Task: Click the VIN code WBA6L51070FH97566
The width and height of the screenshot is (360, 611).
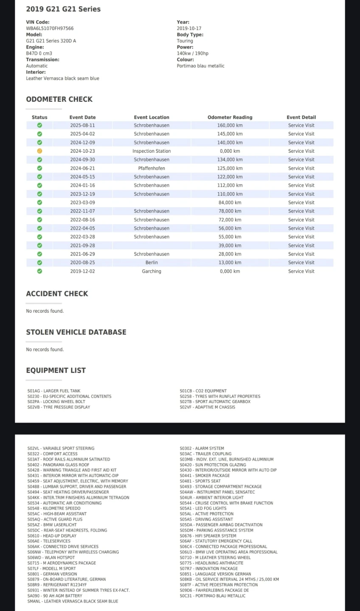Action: [x=50, y=28]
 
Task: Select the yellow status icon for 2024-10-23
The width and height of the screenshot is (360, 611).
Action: [x=39, y=151]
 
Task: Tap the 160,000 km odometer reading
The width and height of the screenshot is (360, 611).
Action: [x=230, y=125]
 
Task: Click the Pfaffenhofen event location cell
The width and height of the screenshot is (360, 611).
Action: [x=152, y=168]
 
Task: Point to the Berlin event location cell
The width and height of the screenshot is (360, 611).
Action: [x=152, y=263]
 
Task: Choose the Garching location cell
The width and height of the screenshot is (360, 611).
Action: [x=152, y=271]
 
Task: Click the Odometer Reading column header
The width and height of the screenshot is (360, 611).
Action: [x=230, y=117]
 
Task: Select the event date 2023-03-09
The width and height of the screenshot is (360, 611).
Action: [x=82, y=202]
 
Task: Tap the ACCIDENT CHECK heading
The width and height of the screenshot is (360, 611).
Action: [x=57, y=294]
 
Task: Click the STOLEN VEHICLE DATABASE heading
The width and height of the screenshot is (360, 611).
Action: [x=76, y=332]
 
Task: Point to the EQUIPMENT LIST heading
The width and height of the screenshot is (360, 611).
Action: [x=56, y=370]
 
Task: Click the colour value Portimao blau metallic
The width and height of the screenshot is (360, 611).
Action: [x=200, y=66]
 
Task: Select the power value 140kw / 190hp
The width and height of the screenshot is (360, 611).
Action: [x=192, y=53]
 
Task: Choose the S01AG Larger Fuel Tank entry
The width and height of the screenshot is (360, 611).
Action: [x=54, y=391]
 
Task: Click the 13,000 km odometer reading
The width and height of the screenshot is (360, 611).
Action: [x=230, y=263]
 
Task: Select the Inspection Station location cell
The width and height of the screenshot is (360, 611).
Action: [x=152, y=151]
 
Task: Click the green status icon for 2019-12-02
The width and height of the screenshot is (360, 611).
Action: [x=39, y=271]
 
